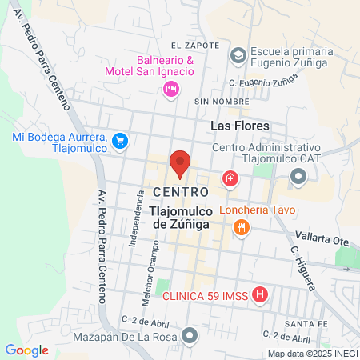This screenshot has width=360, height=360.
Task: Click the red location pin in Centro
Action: click(x=180, y=163)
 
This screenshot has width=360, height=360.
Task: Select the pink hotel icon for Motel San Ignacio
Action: click(x=170, y=90)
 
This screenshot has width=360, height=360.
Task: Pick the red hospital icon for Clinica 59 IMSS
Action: click(x=260, y=295)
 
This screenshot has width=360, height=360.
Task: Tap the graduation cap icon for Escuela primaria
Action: click(x=238, y=54)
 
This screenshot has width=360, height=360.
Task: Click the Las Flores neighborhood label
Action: click(x=239, y=126)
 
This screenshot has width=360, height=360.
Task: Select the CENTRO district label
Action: click(x=180, y=193)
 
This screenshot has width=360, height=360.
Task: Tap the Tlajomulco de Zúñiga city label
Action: click(x=180, y=218)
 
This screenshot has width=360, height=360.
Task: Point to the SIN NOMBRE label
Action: click(x=217, y=102)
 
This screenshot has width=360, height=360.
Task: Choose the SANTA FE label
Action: click(x=308, y=322)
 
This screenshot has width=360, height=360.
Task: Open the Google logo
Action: click(x=27, y=350)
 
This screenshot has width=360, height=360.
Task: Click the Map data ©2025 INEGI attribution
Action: click(x=312, y=354)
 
